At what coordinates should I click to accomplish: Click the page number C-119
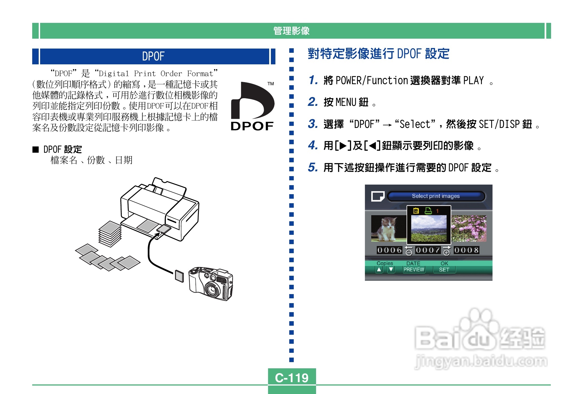291,378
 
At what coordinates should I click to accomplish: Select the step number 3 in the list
312,124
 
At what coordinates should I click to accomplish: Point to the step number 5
312,167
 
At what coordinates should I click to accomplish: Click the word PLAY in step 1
473,80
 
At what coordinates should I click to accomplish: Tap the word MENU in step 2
346,102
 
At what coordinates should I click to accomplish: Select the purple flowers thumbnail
469,228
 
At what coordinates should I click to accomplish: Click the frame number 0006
389,250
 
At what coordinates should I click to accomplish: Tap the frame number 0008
466,250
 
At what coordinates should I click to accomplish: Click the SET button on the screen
444,270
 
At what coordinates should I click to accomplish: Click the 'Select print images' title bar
436,196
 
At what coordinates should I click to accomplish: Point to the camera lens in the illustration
212,289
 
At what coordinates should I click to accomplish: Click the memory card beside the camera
179,276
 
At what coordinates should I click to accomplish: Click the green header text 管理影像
291,31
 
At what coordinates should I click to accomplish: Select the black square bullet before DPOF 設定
36,149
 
